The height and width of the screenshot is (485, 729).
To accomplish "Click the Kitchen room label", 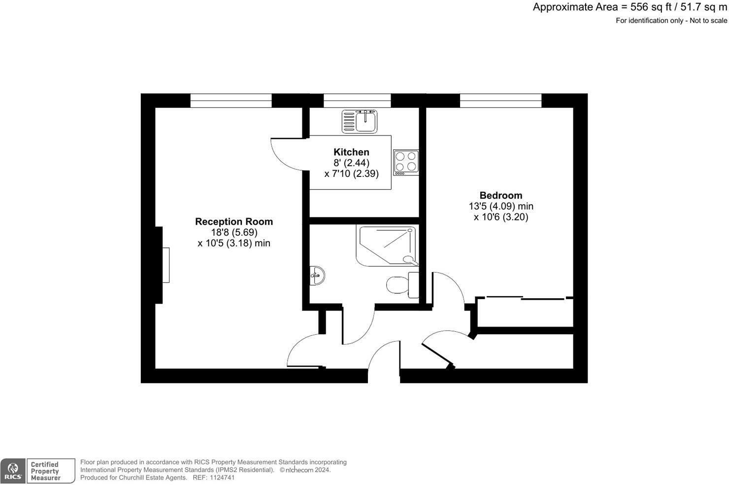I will click(x=351, y=152).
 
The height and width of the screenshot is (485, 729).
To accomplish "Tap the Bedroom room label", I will click(x=500, y=195).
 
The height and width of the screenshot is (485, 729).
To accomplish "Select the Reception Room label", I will click(x=233, y=222).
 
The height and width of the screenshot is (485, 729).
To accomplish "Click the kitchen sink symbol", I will click(x=360, y=121).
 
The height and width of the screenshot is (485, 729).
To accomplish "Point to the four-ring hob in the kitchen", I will click(x=406, y=162).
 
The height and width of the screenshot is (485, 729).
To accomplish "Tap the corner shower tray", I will click(x=387, y=246).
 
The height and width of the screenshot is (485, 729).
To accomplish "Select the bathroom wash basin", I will click(x=317, y=276).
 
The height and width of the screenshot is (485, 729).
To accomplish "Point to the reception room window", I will click(x=231, y=101).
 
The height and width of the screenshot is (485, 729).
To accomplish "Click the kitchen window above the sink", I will click(x=357, y=101).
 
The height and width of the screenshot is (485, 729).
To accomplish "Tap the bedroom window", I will click(x=500, y=101).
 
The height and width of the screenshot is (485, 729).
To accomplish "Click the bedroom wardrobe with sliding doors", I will click(x=525, y=312).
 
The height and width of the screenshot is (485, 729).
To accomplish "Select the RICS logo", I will click(x=13, y=471).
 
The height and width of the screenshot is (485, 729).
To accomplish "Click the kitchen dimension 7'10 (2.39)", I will click(x=351, y=173).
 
